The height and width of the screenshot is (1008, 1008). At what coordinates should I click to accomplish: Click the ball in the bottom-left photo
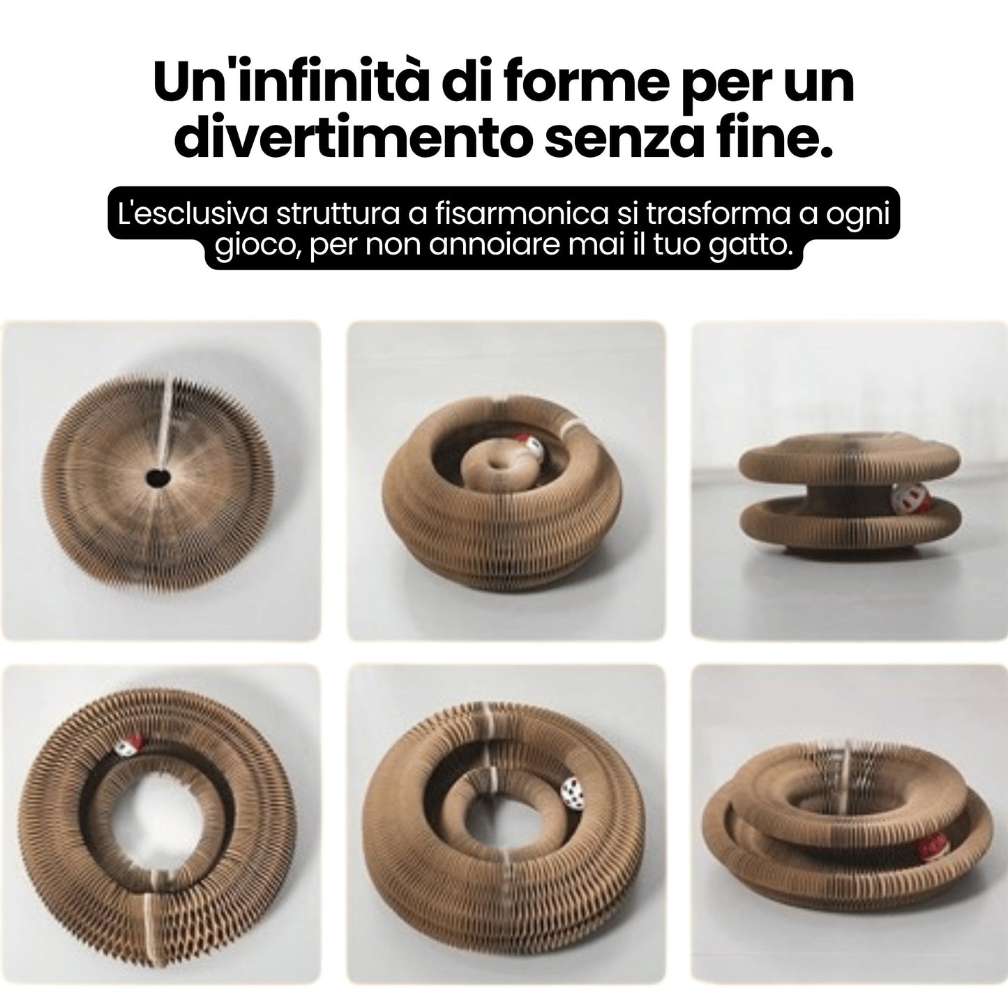pos(128,745)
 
